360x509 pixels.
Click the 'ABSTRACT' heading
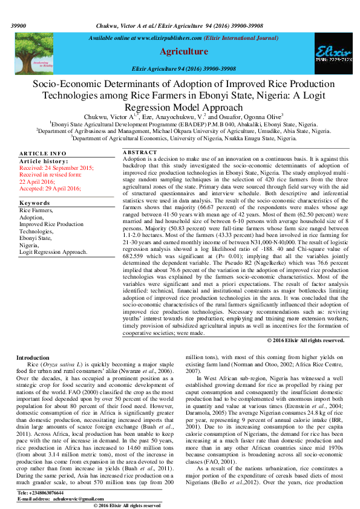pos(140,152)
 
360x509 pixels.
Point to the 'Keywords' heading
pos(34,203)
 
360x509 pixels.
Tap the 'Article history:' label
pos(44,161)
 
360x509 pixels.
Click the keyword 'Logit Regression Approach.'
pos(53,251)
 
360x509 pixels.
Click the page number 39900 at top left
pos(19,27)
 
